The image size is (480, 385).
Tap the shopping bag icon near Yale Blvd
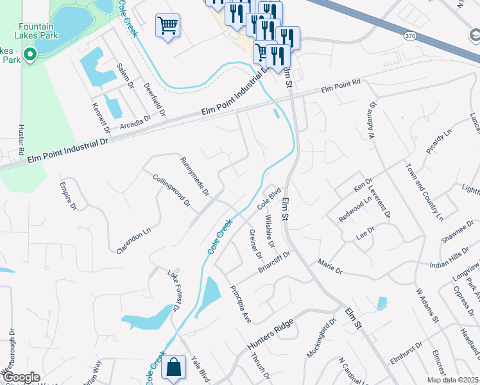point(173,368)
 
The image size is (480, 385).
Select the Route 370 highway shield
point(410,37)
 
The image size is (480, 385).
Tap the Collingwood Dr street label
point(171,191)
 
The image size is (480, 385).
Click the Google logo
point(21,377)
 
